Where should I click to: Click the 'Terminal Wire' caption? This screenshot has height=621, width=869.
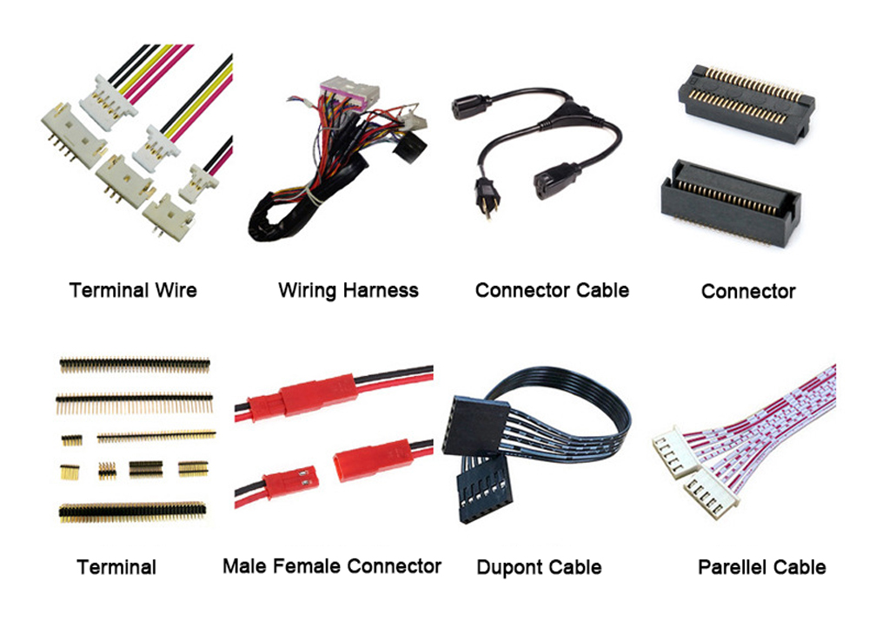[133, 290]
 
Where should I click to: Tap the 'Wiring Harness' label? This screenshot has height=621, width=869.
[348, 290]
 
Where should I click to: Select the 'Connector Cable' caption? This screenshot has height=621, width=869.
[552, 290]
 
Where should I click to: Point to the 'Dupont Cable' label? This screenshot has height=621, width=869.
[539, 567]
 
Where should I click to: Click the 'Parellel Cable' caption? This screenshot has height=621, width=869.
[761, 567]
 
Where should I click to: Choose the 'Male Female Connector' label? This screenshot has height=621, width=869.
[331, 566]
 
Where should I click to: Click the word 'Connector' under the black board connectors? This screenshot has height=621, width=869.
[748, 291]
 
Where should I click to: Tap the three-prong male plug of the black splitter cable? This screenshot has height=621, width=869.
[487, 195]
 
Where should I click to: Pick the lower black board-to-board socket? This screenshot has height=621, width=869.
[731, 203]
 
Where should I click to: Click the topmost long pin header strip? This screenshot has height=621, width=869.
[135, 364]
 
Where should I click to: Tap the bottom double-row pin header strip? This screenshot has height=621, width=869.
[132, 512]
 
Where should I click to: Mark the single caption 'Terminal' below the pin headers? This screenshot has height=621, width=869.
[116, 567]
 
